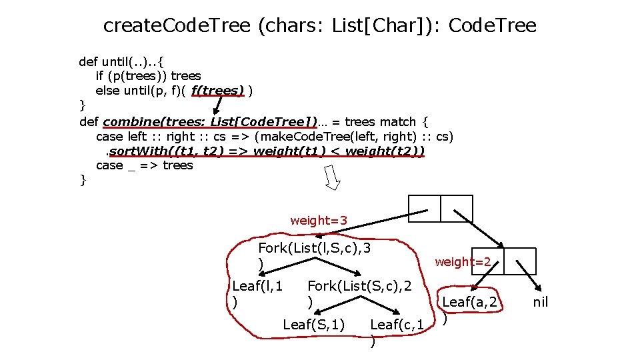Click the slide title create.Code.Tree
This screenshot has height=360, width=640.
(x=319, y=26)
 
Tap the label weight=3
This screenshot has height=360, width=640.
(x=318, y=221)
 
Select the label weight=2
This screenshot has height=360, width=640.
(x=463, y=262)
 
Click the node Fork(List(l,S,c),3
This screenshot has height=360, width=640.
(x=314, y=249)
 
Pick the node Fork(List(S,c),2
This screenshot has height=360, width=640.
(x=359, y=287)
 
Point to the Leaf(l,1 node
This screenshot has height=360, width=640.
(x=257, y=287)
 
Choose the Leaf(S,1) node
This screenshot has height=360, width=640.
(x=313, y=325)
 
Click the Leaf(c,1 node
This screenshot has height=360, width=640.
(x=397, y=325)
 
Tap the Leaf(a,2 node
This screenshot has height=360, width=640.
(x=471, y=302)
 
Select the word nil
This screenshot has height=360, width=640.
(x=541, y=302)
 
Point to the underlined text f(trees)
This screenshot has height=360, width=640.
(x=217, y=90)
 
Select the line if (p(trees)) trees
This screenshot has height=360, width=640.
(x=148, y=76)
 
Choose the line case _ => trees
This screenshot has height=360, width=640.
(x=144, y=165)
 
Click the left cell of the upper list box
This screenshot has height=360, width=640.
(x=423, y=208)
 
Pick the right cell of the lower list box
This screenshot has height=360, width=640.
(x=520, y=261)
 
